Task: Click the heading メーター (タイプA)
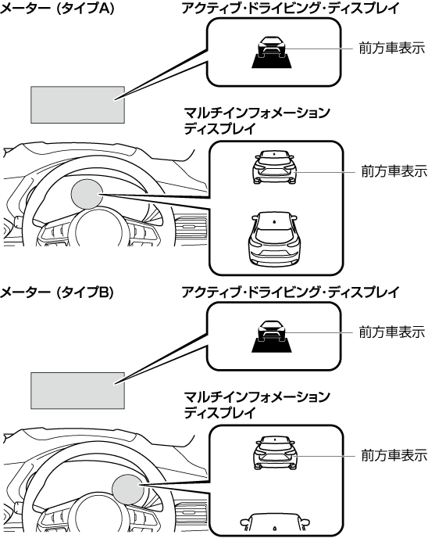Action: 57,9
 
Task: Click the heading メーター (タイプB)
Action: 57,292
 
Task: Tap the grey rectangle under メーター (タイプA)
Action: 77,105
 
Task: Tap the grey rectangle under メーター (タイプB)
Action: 77,391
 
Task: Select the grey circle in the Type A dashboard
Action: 87,194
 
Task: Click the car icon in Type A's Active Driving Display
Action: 272,52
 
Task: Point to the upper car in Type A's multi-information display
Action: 274,167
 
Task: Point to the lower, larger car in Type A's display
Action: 274,237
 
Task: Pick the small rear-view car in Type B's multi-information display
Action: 274,452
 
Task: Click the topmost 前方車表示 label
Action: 392,48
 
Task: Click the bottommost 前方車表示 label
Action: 394,455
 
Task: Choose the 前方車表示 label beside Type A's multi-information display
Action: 394,171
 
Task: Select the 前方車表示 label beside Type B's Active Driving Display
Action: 392,332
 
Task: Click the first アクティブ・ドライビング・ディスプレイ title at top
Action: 291,9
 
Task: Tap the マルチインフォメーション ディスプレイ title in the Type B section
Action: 257,405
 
